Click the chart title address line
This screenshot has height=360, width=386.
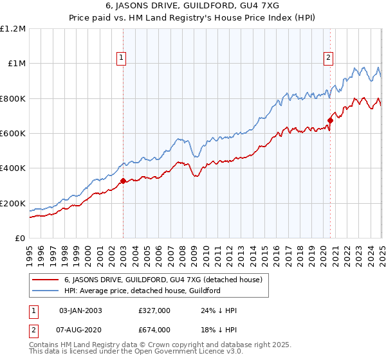pyautogui.click(x=192, y=8)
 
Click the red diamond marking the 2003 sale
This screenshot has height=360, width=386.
pyautogui.click(x=123, y=181)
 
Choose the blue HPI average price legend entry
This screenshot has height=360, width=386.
pyautogui.click(x=142, y=291)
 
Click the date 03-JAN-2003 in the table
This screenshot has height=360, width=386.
pyautogui.click(x=80, y=310)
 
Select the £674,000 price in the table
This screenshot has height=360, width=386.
pyautogui.click(x=154, y=329)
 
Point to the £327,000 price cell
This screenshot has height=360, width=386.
pyautogui.click(x=154, y=310)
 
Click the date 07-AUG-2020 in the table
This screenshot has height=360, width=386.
pyautogui.click(x=80, y=329)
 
